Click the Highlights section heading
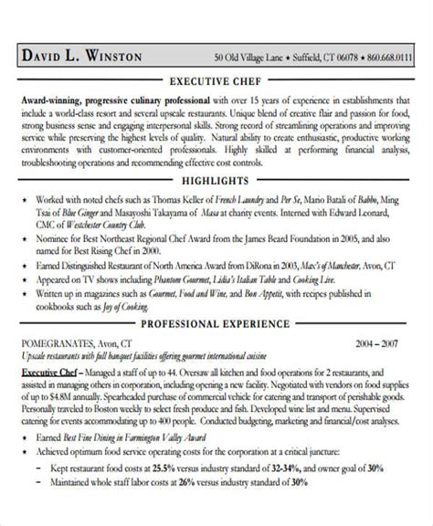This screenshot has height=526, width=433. coord(216,182)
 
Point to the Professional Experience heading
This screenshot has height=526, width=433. coord(216,324)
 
